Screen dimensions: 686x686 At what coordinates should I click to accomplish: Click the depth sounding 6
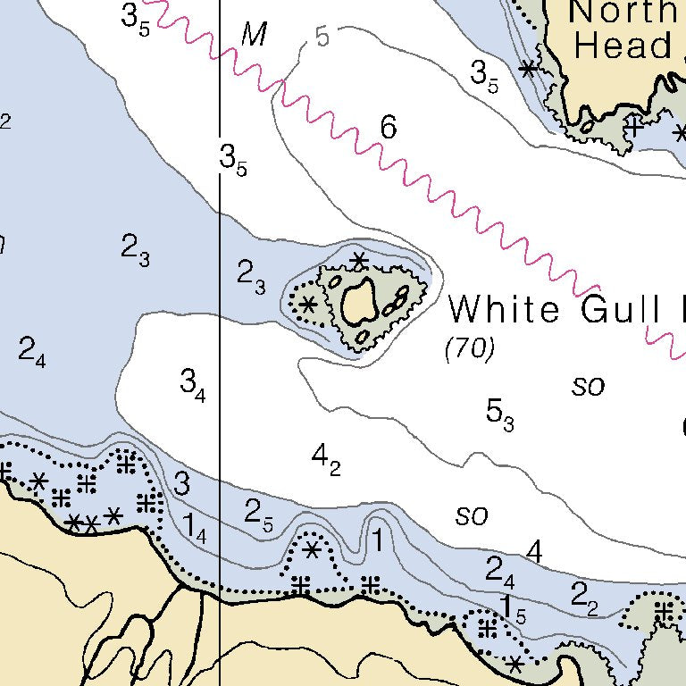click(x=387, y=128)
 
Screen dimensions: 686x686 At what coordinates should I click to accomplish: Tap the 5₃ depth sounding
click(x=499, y=412)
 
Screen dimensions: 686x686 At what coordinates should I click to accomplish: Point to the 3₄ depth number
click(x=193, y=384)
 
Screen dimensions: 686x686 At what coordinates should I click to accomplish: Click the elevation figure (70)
click(x=470, y=348)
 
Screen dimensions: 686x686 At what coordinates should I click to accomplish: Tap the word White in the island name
click(x=506, y=309)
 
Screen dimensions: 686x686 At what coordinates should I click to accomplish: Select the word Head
click(x=623, y=45)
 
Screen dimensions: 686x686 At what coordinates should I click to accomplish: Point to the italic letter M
click(x=255, y=35)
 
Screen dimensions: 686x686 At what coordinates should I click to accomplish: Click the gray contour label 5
click(x=322, y=37)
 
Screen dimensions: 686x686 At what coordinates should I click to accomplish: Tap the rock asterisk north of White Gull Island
click(x=359, y=261)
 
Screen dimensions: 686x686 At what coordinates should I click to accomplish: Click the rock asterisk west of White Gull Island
click(x=308, y=304)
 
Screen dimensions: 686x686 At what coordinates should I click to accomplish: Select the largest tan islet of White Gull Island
click(x=358, y=300)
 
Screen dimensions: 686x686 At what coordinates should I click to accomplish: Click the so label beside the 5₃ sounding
click(x=589, y=386)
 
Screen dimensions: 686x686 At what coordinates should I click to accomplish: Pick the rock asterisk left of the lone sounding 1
click(x=312, y=549)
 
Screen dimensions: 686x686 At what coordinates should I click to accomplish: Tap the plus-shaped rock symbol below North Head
click(x=634, y=126)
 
